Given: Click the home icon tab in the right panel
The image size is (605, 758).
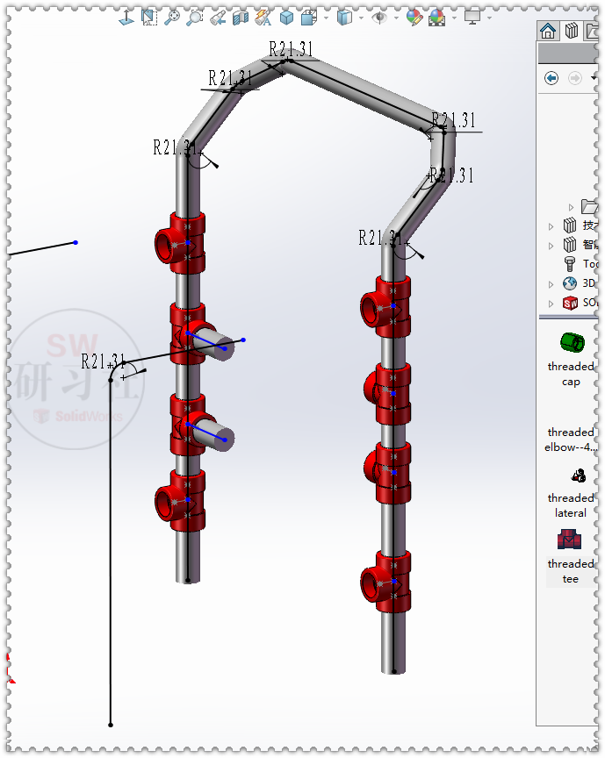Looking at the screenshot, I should [549, 32].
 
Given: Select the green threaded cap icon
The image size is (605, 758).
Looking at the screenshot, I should [571, 341].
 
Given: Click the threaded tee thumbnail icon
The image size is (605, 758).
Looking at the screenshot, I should [570, 540].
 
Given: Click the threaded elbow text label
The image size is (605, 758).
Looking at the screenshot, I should [571, 440].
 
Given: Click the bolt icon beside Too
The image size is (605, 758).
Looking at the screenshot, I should [570, 263].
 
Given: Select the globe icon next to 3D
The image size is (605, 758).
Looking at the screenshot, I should [570, 283].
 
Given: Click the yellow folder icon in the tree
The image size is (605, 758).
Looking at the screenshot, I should [589, 207].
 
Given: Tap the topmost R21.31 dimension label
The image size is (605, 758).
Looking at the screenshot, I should [291, 49].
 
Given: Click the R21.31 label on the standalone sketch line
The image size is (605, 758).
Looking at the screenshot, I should [104, 361].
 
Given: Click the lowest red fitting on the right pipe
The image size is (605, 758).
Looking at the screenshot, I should [387, 582].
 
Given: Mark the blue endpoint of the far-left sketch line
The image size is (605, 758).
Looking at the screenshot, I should [76, 242].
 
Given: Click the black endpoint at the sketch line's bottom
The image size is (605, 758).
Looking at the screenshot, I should [111, 725].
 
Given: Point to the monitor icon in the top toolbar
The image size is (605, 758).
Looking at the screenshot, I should [472, 17].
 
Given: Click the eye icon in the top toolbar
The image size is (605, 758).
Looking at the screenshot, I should [378, 17].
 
